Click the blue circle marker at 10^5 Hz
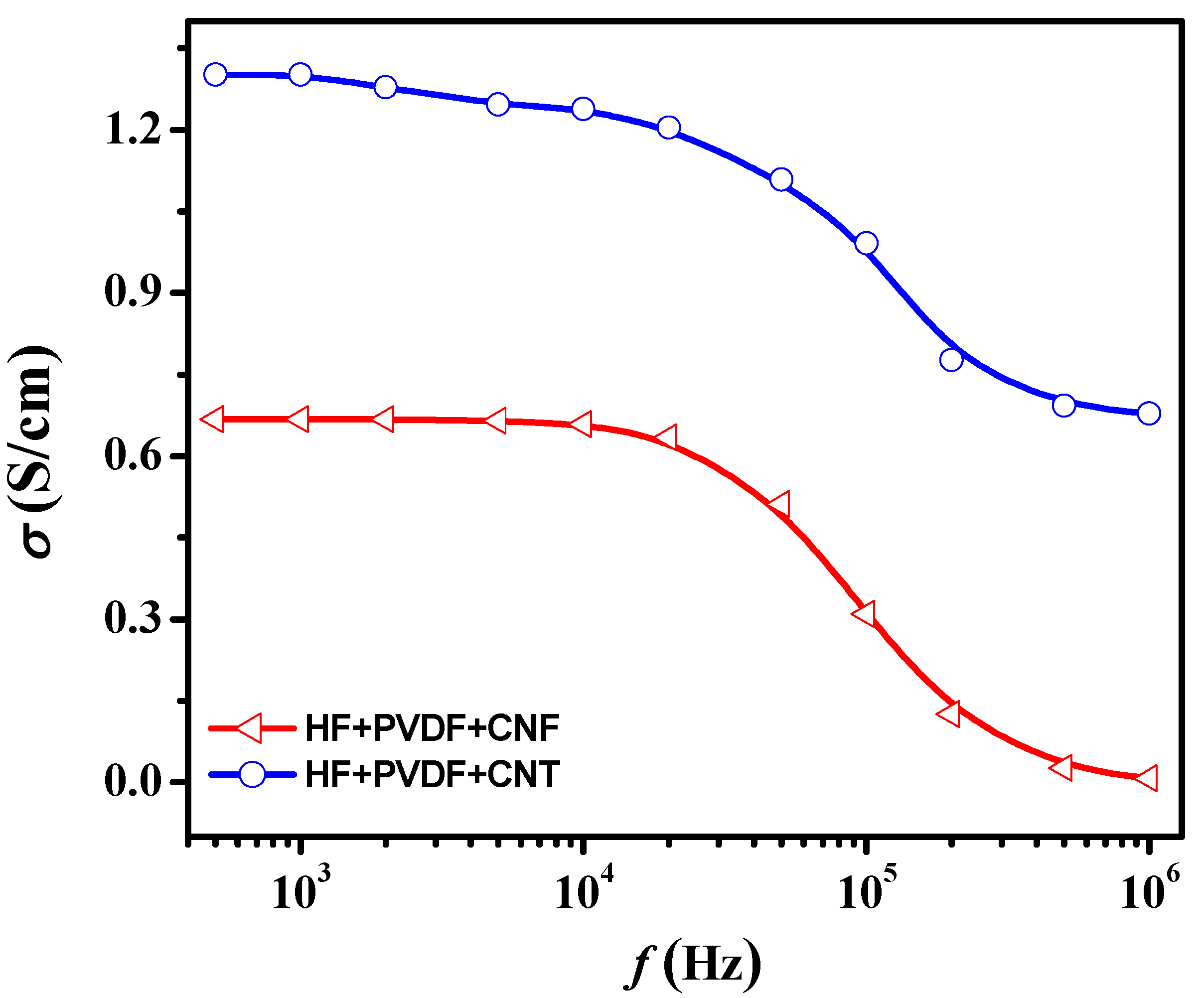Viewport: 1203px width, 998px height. coord(866,243)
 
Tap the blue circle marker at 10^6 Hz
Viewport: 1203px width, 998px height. coord(1149,413)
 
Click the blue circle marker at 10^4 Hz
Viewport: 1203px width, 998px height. coord(583,108)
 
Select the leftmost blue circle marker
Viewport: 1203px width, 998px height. coord(215,74)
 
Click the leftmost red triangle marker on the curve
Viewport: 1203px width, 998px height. coord(213,420)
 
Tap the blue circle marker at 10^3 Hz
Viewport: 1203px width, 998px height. coord(300,74)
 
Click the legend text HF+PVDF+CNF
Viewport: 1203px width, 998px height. coord(433,729)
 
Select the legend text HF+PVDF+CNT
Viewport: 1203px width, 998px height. coord(433,775)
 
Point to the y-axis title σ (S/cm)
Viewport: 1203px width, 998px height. coord(35,452)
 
